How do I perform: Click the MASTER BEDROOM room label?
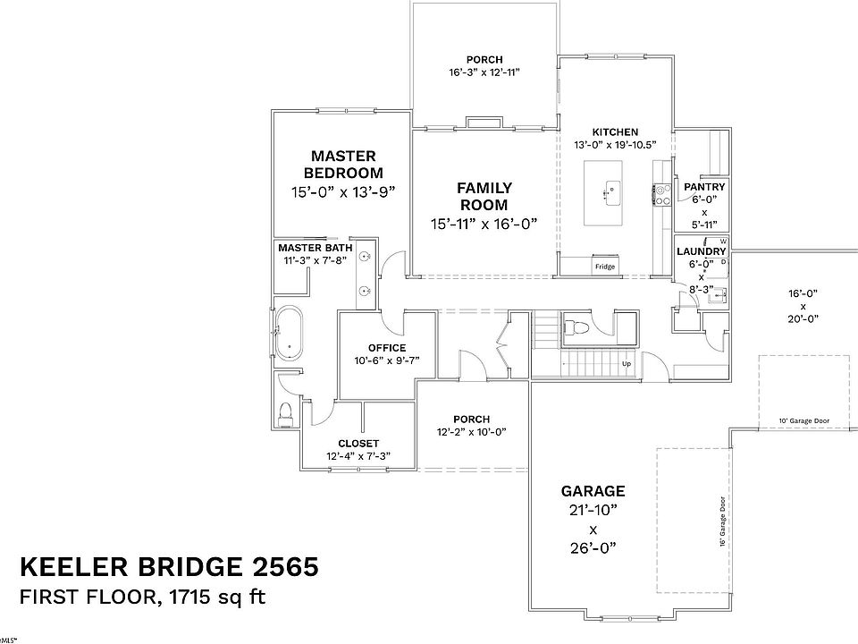(x=343, y=164)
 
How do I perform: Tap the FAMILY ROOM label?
(x=484, y=196)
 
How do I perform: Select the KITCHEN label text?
(x=615, y=132)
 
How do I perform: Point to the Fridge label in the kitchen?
(x=605, y=267)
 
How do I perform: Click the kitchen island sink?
(x=612, y=190)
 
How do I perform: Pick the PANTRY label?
(x=704, y=187)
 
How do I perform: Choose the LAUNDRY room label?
(x=702, y=252)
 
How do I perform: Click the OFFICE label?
(x=386, y=348)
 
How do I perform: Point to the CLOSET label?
(x=358, y=444)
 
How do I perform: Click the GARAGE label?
(x=593, y=491)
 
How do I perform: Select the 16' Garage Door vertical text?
(x=722, y=521)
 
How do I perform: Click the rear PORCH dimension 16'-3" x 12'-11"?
(x=484, y=73)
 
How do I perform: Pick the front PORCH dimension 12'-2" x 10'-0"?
(x=471, y=432)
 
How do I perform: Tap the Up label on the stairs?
(x=627, y=365)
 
